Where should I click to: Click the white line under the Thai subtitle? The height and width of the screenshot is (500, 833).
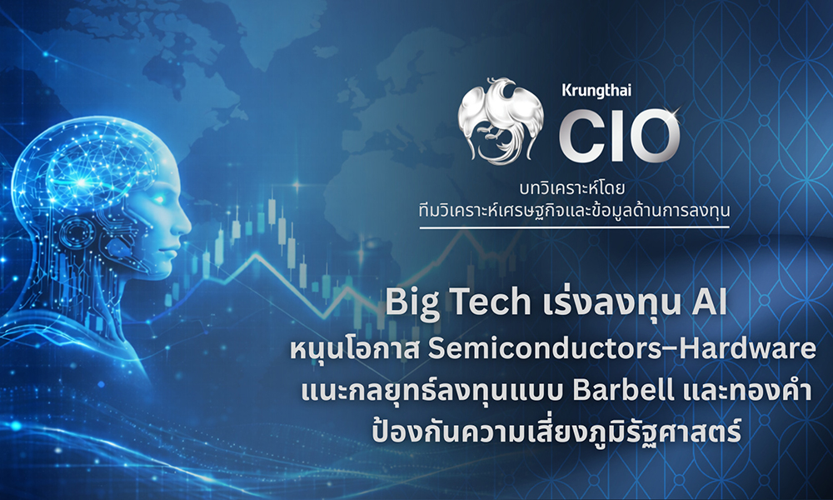coord(575,226)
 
